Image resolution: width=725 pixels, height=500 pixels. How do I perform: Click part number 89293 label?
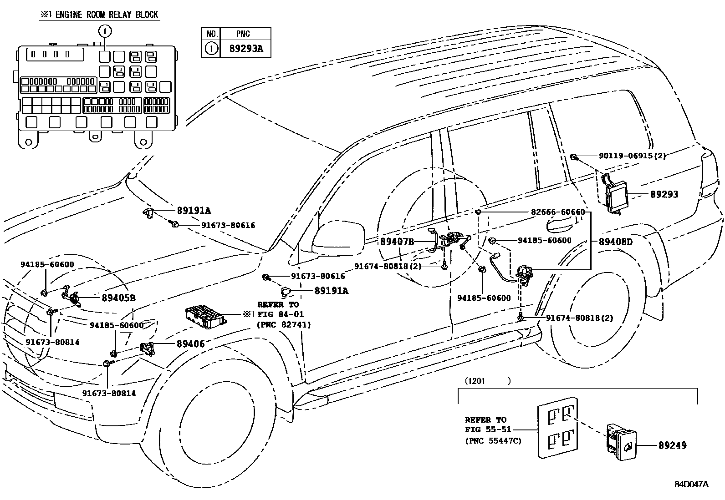pos(664,194)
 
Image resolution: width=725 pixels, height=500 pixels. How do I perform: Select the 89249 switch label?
pos(672,446)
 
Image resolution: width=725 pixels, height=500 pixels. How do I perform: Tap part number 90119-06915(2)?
pos(632,156)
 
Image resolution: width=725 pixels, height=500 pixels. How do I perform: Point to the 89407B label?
pos(397,242)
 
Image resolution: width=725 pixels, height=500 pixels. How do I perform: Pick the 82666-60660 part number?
pos(558,212)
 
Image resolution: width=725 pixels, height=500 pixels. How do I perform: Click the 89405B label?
pos(118,298)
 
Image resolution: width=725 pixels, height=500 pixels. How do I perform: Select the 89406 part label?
pos(190,344)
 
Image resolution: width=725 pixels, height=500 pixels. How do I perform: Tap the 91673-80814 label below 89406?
pos(109,394)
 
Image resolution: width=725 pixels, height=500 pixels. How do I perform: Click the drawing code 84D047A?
pos(691,485)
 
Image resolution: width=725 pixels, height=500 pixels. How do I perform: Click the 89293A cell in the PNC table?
pos(246,49)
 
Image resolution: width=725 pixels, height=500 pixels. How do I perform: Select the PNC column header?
pos(243,34)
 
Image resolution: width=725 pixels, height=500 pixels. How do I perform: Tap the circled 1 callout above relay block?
pos(104,31)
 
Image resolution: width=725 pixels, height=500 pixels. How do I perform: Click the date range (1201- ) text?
pos(487,381)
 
